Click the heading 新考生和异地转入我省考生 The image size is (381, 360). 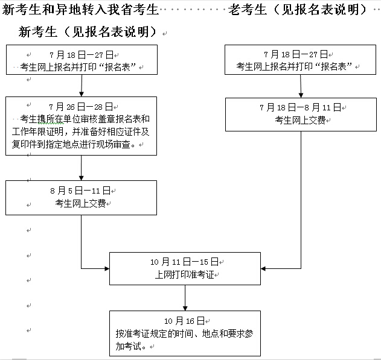coord(81,10)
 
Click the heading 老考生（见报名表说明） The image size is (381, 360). coord(298,10)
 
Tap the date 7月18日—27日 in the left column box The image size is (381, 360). coord(81,54)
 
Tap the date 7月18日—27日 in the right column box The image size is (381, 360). coord(299,54)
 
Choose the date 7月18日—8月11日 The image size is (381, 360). coord(299,108)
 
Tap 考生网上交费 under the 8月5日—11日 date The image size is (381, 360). coord(80,203)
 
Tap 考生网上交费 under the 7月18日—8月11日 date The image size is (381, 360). coord(299,120)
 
